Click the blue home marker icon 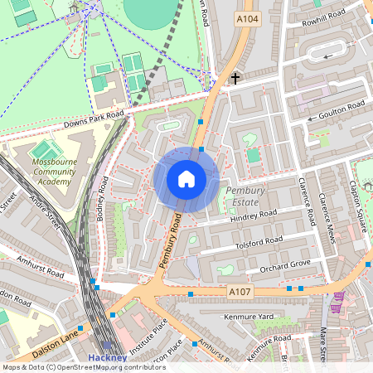tap(186, 179)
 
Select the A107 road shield tap(239, 292)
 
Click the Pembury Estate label tap(245, 196)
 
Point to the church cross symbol tap(235, 79)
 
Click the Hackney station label tap(108, 358)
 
